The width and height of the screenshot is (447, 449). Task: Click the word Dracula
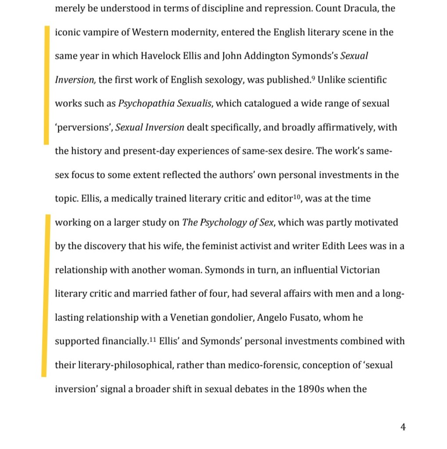[361, 9]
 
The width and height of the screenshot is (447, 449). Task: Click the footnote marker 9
[313, 78]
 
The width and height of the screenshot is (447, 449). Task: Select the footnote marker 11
[151, 339]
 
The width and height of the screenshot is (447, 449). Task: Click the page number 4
[403, 427]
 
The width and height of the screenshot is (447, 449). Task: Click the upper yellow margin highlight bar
[47, 85]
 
